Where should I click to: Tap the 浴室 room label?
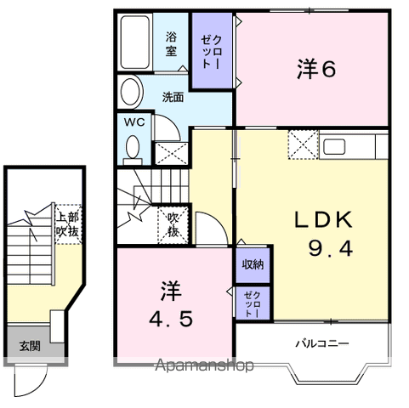coord(171,44)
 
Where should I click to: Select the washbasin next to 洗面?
coord(131,92)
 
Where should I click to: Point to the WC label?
coord(134,122)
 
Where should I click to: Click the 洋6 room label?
coord(316,69)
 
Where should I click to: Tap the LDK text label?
coord(324,219)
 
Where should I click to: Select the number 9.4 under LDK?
coord(331,248)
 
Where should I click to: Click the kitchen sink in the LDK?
coord(334,147)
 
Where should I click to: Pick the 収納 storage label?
coord(253,264)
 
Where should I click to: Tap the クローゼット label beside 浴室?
coord(211,52)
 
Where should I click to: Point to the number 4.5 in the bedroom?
coord(171,319)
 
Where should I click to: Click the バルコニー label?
coord(322,343)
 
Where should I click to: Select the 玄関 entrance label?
coord(30,346)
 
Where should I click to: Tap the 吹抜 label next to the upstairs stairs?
coord(173,225)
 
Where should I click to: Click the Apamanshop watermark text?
coord(204,365)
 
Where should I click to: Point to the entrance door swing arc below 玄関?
coord(40,385)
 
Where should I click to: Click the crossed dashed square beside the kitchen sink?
coord(304,144)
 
